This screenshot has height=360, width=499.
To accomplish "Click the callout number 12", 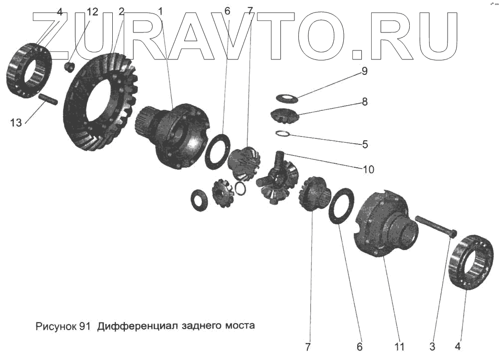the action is tap(92, 11).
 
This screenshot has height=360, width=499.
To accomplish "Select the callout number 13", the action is tap(16, 122).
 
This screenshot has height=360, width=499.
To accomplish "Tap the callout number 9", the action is tap(364, 71).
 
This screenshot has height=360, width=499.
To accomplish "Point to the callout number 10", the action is tap(368, 170).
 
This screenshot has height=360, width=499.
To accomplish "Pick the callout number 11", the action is tap(399, 346).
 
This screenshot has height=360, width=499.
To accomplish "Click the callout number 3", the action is tap(433, 346).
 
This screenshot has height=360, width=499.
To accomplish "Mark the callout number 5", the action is tap(365, 145).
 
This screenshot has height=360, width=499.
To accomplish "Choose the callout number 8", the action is tap(365, 102).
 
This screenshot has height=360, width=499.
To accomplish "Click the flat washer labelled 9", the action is tap(286, 98).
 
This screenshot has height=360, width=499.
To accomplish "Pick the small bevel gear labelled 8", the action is tap(284, 116).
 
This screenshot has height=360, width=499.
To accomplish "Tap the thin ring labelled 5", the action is tap(283, 133).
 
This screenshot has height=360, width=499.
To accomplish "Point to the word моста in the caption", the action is tap(241, 327).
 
